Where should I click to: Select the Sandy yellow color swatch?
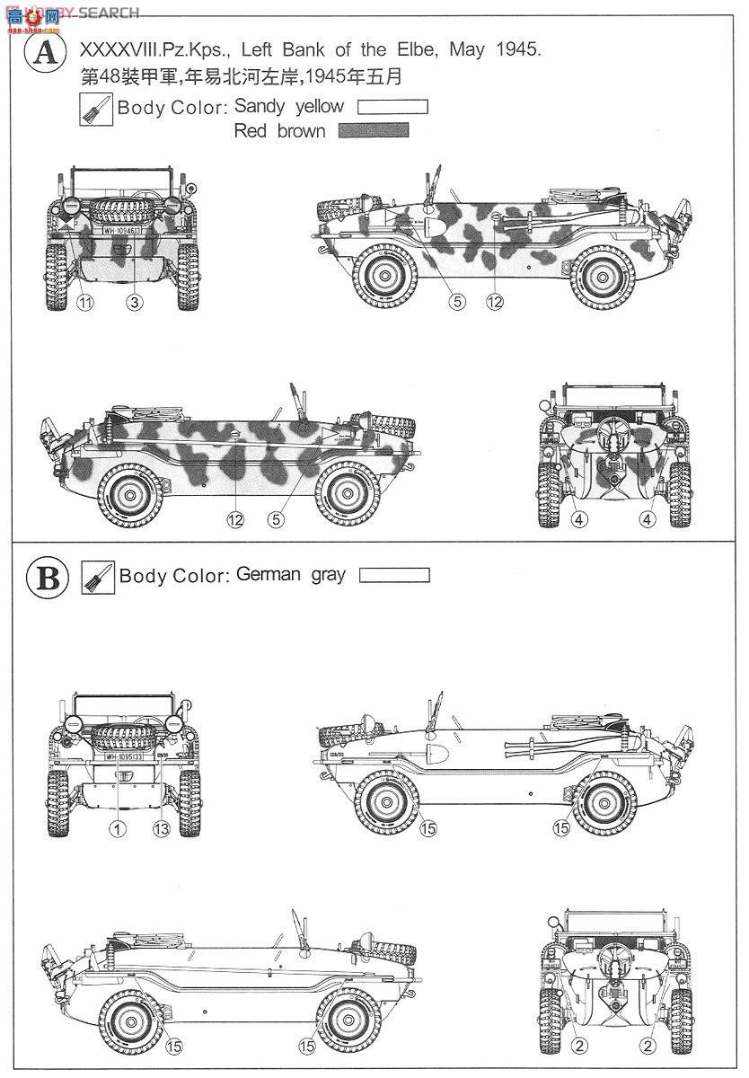point(392,107)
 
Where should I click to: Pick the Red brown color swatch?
point(373,131)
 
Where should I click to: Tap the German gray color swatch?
point(394,576)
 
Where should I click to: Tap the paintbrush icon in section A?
point(96,109)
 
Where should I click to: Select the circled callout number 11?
point(84,303)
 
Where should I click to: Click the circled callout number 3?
point(134,303)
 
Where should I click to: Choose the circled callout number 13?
point(161,829)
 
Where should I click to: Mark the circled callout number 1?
point(116,829)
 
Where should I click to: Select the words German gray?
point(290,575)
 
